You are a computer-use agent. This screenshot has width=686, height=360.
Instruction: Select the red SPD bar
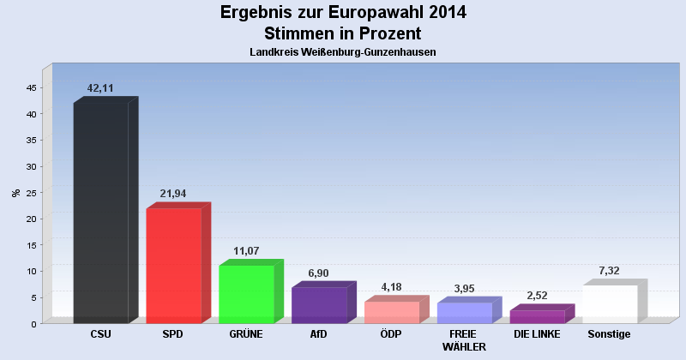point(173,265)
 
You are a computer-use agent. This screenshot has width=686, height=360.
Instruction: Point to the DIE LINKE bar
point(537,316)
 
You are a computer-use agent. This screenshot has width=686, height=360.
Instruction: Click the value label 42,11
point(101,88)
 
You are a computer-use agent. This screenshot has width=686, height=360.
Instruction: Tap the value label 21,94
point(173,194)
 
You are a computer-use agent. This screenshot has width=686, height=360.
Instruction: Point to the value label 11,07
point(246,251)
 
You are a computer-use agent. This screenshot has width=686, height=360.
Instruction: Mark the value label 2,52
point(537,296)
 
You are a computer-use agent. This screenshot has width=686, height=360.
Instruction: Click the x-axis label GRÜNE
point(246,334)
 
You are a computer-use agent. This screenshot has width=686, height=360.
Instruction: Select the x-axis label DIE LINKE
point(537,334)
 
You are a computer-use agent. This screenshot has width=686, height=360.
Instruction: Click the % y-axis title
point(15,192)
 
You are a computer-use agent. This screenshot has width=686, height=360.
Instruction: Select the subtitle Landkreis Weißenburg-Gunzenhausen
point(343,52)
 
